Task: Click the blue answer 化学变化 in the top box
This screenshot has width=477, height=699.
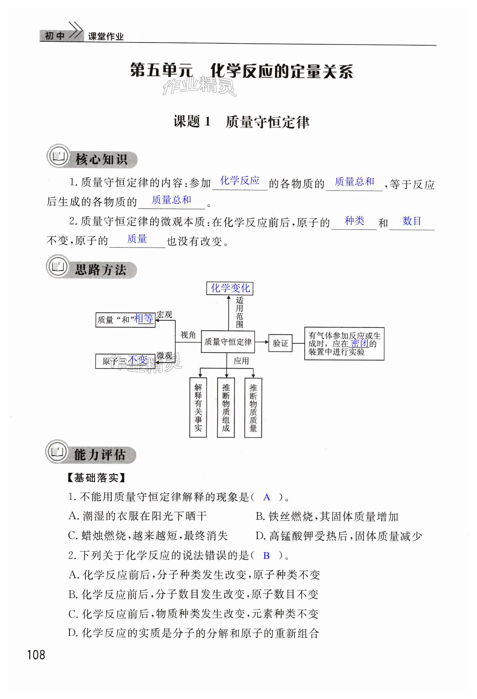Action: [x=230, y=288]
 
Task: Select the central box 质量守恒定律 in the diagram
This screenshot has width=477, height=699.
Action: [x=228, y=342]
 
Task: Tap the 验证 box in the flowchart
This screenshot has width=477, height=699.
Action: [x=280, y=343]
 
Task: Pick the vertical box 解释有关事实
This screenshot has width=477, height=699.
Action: [x=198, y=407]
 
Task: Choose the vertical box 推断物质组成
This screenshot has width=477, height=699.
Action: [x=226, y=407]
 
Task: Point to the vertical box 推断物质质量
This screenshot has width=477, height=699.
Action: [x=253, y=407]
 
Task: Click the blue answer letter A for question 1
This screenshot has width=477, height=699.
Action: [x=266, y=497]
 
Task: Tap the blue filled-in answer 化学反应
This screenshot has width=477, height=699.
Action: [x=240, y=180]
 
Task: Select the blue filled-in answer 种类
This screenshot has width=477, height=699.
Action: [x=354, y=221]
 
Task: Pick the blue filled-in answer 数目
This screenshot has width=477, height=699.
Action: [x=411, y=221]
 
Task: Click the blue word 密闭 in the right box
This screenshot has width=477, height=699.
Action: [x=359, y=343]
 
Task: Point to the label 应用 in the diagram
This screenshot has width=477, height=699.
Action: [x=241, y=361]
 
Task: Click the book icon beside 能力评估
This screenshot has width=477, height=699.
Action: [x=57, y=451]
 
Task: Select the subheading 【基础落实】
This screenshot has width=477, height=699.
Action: [x=96, y=478]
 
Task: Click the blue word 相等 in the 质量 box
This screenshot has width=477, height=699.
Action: [x=144, y=318]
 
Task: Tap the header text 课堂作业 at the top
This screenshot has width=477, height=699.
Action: [x=106, y=37]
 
